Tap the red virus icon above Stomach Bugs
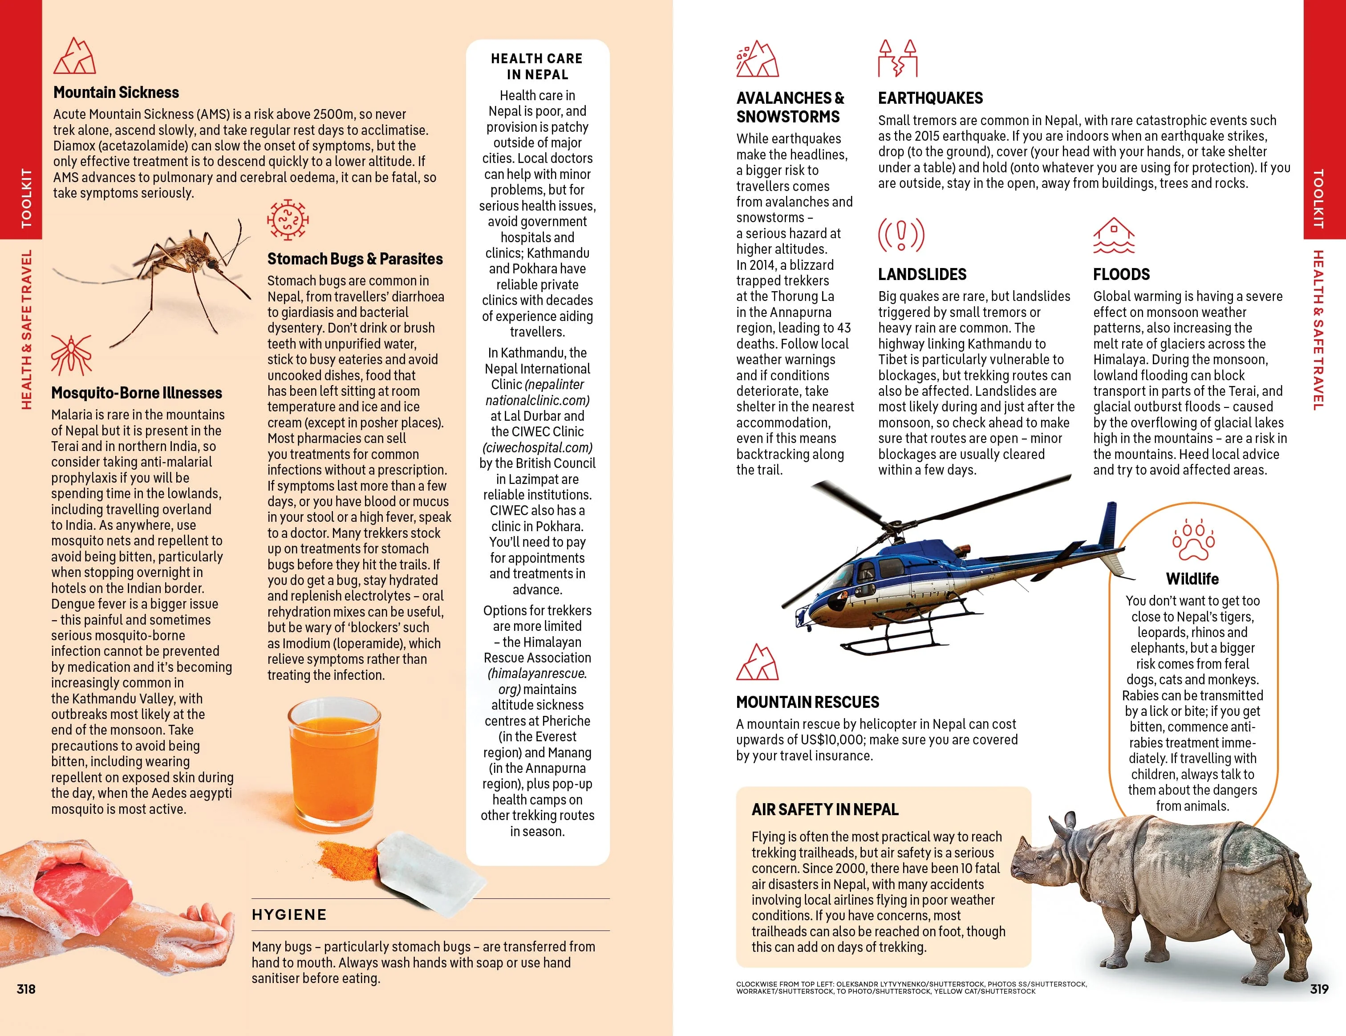287,219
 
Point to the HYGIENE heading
289,914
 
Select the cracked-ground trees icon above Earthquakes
898,58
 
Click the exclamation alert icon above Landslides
901,235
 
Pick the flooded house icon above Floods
1114,236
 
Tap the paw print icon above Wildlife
1193,540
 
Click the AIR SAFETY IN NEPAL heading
825,809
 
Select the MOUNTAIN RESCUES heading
807,702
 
